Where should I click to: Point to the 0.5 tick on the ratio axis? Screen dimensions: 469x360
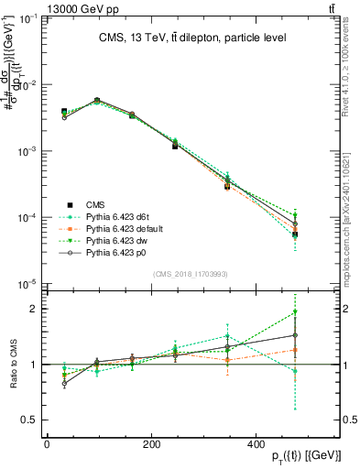click(x=31, y=420)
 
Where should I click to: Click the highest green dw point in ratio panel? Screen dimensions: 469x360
click(x=321, y=312)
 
